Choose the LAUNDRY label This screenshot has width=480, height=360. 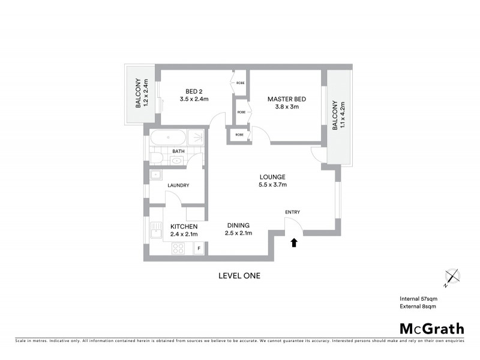178,185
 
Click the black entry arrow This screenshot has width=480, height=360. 293,242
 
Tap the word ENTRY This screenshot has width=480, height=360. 292,212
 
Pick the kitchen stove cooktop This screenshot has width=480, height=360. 179,248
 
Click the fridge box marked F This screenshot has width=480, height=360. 199,248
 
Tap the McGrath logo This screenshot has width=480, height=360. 431,328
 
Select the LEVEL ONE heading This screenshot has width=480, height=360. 239,276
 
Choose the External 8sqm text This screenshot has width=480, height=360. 418,306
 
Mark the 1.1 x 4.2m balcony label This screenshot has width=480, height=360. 339,116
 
